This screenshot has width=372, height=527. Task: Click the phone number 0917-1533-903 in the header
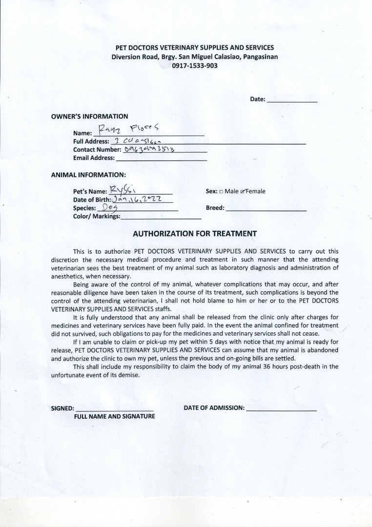click(194, 65)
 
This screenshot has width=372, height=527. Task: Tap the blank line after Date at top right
click(292, 100)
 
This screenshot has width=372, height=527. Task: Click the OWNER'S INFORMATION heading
click(89, 117)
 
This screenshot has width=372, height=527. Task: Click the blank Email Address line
click(161, 158)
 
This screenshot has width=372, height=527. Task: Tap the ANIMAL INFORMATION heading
click(88, 174)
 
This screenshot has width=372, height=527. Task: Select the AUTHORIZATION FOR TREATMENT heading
click(195, 234)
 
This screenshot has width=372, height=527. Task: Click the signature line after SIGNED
click(115, 408)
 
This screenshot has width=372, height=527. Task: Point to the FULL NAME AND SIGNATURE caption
click(114, 417)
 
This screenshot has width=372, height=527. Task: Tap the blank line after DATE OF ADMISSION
click(282, 408)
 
